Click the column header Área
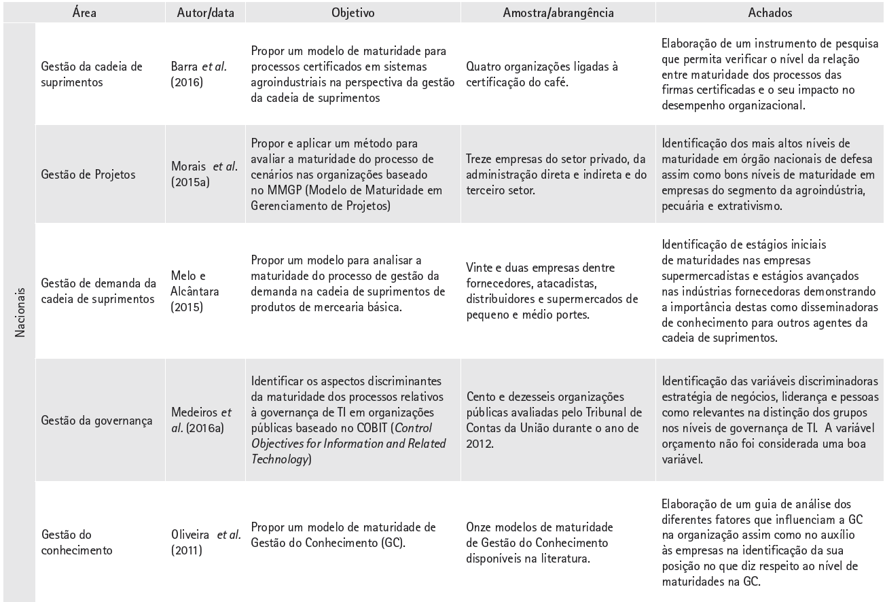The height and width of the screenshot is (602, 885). point(84,12)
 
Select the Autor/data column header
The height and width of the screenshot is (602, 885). point(204,12)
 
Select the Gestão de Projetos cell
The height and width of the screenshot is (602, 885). point(88,175)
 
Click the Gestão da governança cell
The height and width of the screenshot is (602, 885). point(96,420)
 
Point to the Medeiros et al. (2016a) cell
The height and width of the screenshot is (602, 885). point(201,420)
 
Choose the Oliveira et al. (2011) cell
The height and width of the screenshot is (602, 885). point(206,542)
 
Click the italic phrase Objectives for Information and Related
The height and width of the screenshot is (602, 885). point(348,444)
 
